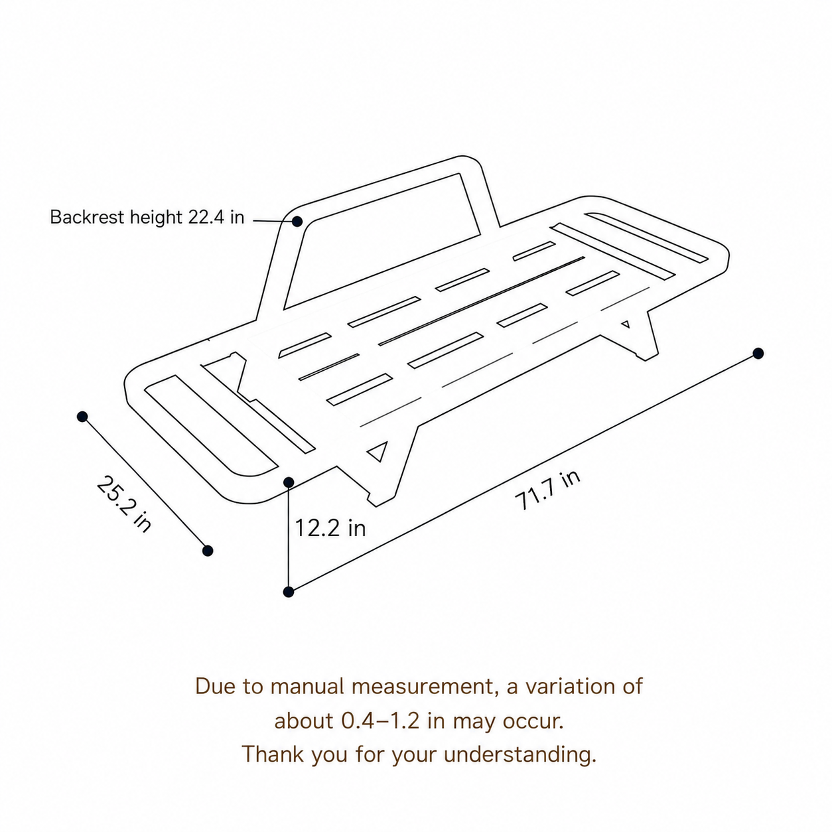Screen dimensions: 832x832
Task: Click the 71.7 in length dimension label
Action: pyautogui.click(x=547, y=490)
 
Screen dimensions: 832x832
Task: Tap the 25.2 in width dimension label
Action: pyautogui.click(x=124, y=504)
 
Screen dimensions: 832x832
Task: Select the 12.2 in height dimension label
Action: pyautogui.click(x=330, y=527)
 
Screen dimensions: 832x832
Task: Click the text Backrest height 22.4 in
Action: pyautogui.click(x=147, y=217)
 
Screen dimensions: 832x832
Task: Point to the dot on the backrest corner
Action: pyautogui.click(x=297, y=222)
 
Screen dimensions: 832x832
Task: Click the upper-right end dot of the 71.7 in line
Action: pyautogui.click(x=758, y=354)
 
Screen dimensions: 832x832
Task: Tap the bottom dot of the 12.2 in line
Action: pyautogui.click(x=289, y=592)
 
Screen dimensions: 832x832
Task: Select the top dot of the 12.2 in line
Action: pyautogui.click(x=289, y=482)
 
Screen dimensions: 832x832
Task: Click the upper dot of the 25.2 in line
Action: pyautogui.click(x=82, y=417)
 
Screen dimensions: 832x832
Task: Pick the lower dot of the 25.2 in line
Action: pyautogui.click(x=208, y=551)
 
